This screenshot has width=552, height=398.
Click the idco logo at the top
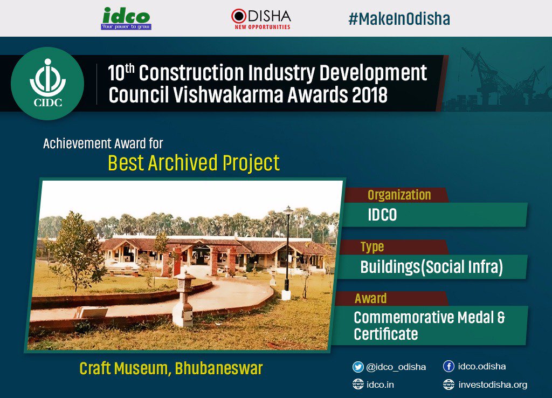click(x=126, y=19)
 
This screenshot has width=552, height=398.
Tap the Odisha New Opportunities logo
click(x=261, y=19)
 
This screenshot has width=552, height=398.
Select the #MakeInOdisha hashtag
click(x=399, y=19)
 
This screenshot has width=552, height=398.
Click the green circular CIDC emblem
click(x=47, y=84)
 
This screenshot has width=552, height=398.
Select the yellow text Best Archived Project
click(x=194, y=163)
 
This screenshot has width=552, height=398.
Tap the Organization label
click(x=399, y=195)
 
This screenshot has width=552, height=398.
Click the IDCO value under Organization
click(x=382, y=215)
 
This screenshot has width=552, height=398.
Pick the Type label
click(x=372, y=247)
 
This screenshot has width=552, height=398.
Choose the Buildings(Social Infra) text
click(x=432, y=266)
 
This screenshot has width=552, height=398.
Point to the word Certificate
click(x=386, y=333)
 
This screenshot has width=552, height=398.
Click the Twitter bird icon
click(x=358, y=367)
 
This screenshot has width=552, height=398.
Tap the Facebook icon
click(x=448, y=366)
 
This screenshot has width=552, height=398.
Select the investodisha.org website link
click(x=493, y=385)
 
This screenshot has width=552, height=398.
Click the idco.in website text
click(x=380, y=385)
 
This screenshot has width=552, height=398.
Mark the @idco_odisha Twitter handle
click(x=396, y=367)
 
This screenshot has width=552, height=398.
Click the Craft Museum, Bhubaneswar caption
click(x=171, y=369)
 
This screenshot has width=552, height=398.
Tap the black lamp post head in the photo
click(x=288, y=210)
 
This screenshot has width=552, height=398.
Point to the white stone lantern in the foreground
click(x=183, y=299)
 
